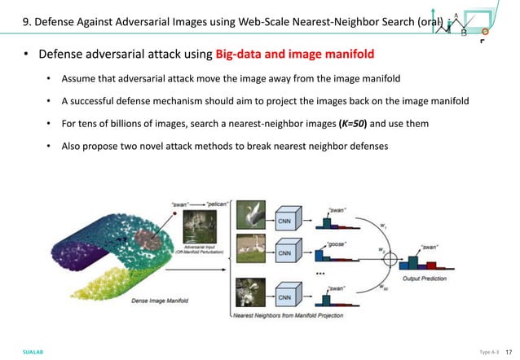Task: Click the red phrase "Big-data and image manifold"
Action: coord(295,55)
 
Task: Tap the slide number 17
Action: coord(507,351)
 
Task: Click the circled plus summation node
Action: coord(390,261)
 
